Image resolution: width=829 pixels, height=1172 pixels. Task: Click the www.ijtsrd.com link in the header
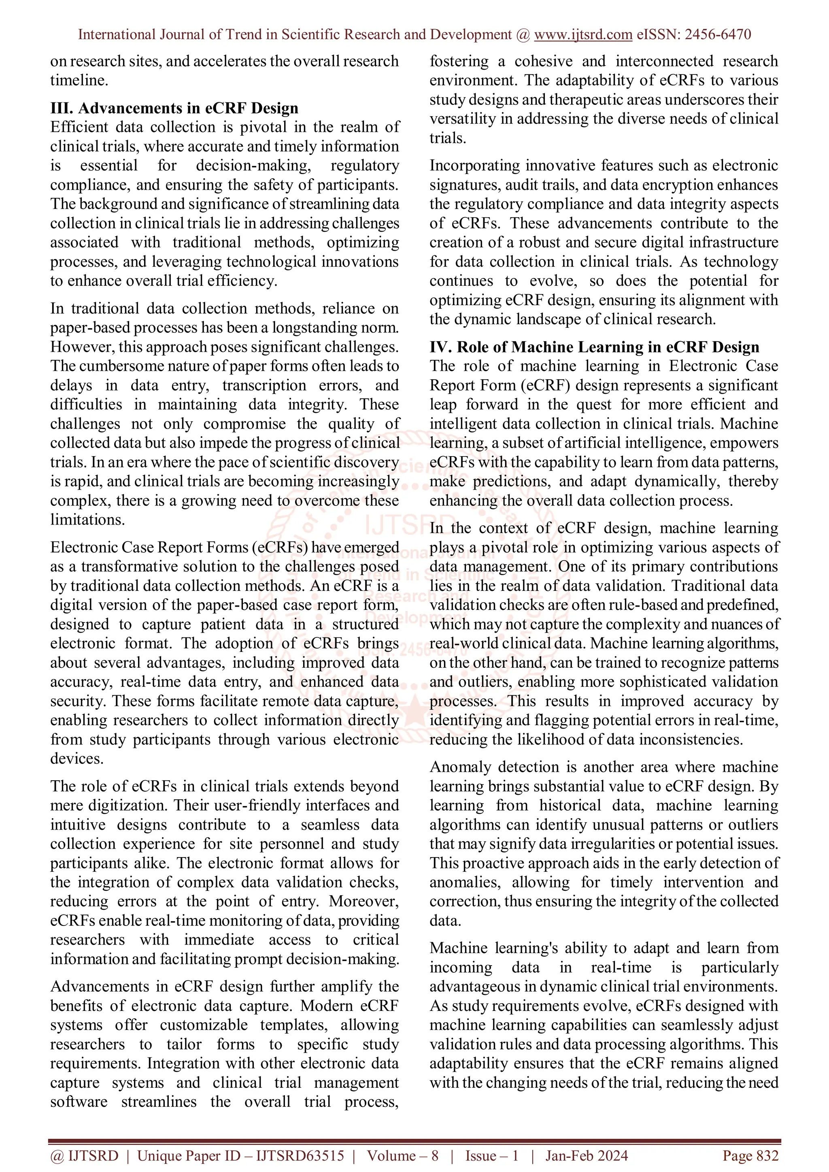pyautogui.click(x=583, y=35)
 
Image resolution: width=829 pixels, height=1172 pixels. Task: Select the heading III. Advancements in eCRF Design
pyautogui.click(x=174, y=108)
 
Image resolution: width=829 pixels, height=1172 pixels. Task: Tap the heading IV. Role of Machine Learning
pyautogui.click(x=594, y=347)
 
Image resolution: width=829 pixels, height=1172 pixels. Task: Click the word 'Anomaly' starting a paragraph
pyautogui.click(x=460, y=767)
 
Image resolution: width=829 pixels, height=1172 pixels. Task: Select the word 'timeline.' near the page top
pyautogui.click(x=79, y=80)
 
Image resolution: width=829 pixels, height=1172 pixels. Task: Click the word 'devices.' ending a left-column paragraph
pyautogui.click(x=77, y=758)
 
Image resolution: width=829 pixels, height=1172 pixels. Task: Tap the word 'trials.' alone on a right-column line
pyautogui.click(x=448, y=138)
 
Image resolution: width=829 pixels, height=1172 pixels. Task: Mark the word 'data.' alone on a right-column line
pyautogui.click(x=445, y=921)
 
